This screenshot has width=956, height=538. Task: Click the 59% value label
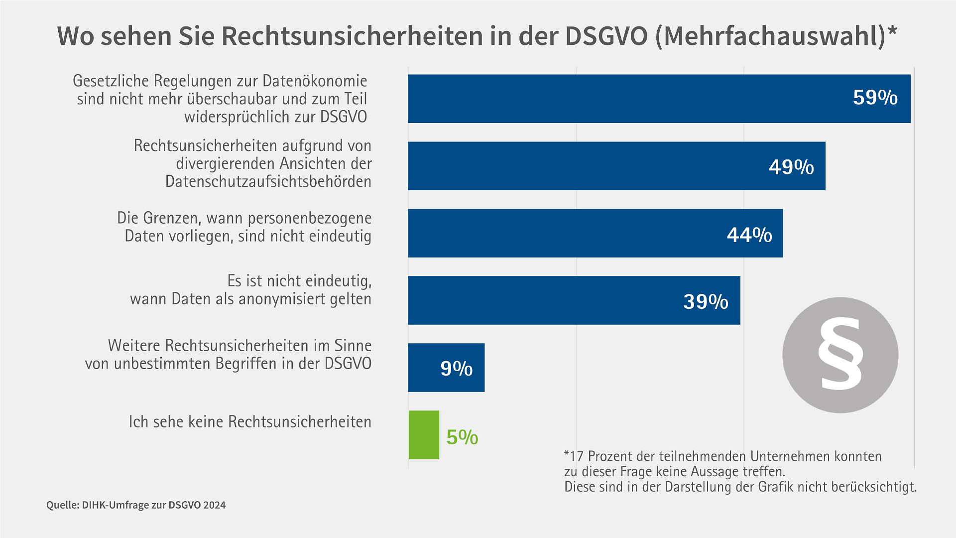click(x=875, y=98)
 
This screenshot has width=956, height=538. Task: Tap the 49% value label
click(x=791, y=167)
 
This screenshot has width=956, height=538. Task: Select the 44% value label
click(x=749, y=235)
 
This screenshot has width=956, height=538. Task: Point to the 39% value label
click(x=705, y=302)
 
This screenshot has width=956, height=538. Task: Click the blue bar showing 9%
click(x=446, y=368)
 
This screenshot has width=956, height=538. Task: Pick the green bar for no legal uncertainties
click(x=424, y=435)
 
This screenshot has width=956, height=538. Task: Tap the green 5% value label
click(x=462, y=437)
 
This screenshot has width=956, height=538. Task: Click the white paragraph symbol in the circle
click(x=840, y=355)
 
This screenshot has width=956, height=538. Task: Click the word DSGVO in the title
click(x=606, y=36)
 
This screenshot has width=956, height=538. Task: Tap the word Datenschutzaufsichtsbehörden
click(x=268, y=181)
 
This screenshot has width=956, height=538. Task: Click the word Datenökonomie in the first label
click(x=315, y=81)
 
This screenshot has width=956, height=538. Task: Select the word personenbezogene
click(x=309, y=218)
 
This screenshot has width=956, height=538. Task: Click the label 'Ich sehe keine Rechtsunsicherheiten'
click(x=250, y=422)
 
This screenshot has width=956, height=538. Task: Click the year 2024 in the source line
click(x=214, y=505)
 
